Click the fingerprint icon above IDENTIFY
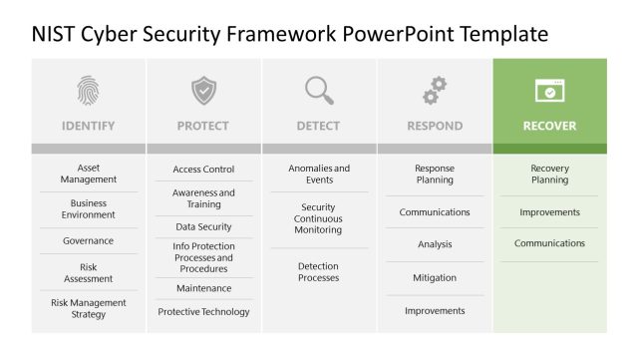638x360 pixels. [88, 91]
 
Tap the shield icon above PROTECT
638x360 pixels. [203, 91]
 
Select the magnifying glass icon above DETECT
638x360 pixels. [319, 91]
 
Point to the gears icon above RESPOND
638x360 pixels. [435, 91]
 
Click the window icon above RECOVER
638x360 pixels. [549, 91]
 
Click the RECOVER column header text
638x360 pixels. [549, 127]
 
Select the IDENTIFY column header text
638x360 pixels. [88, 127]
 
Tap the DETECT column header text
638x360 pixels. [319, 127]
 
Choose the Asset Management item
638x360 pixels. [88, 175]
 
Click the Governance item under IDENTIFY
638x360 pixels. [88, 241]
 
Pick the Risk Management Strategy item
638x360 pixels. [88, 308]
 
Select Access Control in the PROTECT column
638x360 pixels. [203, 170]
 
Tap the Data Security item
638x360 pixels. [203, 227]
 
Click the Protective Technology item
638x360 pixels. [203, 312]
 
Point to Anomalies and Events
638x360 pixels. [319, 175]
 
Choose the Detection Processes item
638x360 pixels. [319, 272]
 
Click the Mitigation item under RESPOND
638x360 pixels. [435, 278]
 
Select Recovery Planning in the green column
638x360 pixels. [549, 175]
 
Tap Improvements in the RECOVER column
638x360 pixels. [549, 212]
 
